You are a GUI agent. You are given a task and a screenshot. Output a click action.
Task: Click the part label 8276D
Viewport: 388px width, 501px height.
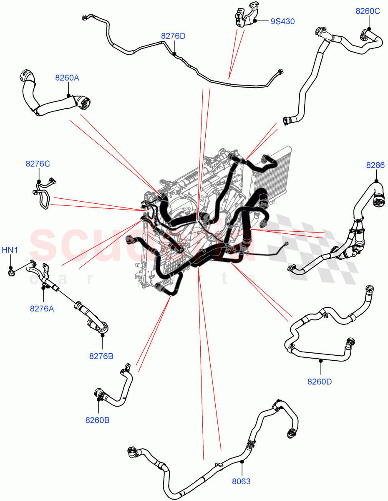click(173, 36)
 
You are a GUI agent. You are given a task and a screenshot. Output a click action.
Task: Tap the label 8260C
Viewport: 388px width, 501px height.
click(368, 11)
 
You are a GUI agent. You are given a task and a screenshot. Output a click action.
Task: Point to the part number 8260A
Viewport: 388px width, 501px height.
click(67, 78)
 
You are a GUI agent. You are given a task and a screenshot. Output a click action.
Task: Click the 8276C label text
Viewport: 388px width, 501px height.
click(38, 164)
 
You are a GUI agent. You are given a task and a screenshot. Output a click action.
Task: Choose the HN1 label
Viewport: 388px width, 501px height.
click(10, 250)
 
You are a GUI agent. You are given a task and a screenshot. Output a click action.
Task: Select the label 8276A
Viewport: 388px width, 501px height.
click(42, 309)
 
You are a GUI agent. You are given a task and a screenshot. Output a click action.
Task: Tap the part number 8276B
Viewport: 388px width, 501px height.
click(101, 356)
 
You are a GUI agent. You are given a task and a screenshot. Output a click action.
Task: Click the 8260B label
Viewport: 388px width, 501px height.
click(98, 420)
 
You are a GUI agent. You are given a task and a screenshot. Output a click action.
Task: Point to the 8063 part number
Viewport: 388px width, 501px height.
click(241, 481)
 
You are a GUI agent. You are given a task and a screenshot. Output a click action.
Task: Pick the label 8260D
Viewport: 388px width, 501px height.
click(320, 381)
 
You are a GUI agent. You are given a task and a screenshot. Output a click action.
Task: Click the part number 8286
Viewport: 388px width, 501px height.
click(375, 165)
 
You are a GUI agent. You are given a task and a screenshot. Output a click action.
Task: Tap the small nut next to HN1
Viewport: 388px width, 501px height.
click(11, 273)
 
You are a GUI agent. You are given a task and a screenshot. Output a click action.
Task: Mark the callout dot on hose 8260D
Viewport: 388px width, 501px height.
click(320, 359)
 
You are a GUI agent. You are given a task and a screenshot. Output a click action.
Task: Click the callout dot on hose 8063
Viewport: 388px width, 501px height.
click(242, 461)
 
